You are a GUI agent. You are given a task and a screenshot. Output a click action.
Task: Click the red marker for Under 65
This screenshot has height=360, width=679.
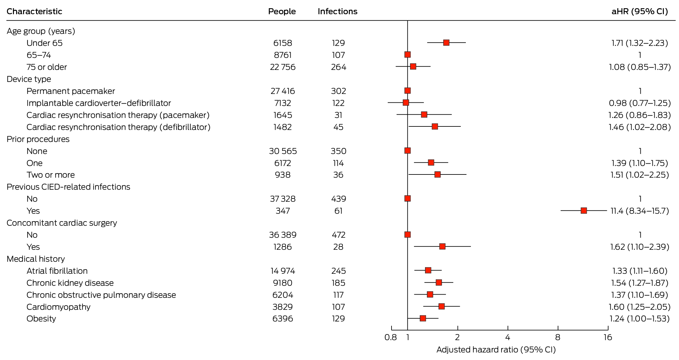point(446,43)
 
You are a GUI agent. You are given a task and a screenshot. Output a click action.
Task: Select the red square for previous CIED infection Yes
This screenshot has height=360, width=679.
point(584,211)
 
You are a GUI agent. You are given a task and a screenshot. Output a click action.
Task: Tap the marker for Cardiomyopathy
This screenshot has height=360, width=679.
point(441,306)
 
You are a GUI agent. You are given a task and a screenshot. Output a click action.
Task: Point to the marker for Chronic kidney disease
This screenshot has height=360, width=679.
point(439,282)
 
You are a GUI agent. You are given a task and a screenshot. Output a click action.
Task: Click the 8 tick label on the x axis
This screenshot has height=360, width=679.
point(558,338)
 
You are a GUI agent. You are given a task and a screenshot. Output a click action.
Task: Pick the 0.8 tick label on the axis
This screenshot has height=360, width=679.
point(391,338)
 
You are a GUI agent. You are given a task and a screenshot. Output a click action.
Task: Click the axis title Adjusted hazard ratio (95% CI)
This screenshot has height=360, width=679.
point(496,350)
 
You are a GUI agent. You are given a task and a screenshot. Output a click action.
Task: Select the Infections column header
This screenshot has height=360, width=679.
point(337,11)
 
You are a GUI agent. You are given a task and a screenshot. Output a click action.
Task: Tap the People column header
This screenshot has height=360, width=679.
point(282,11)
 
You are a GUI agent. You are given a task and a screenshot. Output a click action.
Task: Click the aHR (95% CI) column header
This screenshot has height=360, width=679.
point(640,11)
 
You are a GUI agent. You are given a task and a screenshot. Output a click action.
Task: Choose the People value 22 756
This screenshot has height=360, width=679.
point(283,67)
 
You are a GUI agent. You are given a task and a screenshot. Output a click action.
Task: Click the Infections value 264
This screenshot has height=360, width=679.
point(338,67)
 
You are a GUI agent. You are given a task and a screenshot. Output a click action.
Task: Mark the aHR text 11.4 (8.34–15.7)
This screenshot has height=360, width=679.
point(640,211)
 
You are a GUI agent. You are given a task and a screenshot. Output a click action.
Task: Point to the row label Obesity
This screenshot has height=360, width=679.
point(41,319)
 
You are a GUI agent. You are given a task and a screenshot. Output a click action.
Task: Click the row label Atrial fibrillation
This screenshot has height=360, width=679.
point(57,271)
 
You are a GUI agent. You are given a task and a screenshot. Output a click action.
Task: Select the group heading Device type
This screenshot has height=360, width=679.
point(29,79)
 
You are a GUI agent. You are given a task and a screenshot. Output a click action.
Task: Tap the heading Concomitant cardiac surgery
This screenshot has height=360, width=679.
point(62,223)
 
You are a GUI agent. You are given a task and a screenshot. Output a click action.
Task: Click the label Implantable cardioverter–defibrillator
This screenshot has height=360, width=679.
point(99,103)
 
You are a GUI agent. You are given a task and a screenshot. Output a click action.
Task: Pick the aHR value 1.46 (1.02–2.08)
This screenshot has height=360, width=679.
point(640,127)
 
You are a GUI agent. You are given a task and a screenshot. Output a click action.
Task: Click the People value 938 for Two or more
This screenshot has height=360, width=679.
point(283,175)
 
